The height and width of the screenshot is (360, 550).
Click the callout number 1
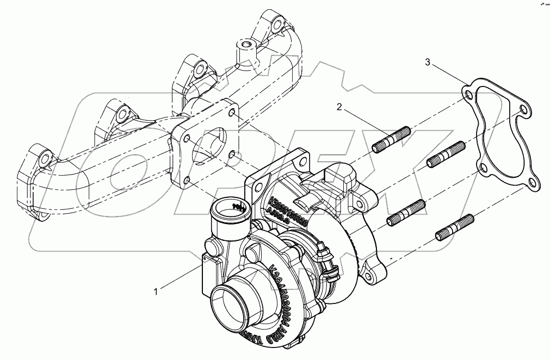coord(156,291)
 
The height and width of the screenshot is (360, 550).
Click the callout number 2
coord(339,107)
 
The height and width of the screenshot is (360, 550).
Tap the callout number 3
coord(428,63)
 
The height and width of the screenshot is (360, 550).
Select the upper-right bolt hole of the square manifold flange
coord(232,112)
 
